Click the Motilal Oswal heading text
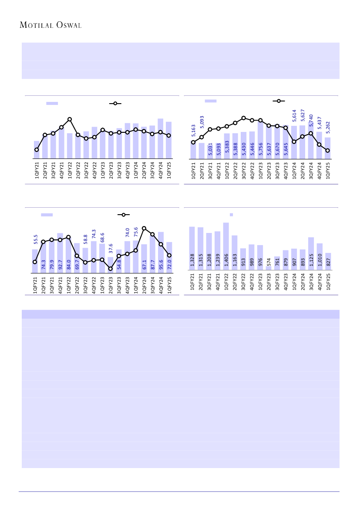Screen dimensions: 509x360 51,25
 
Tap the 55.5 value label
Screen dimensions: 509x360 36,239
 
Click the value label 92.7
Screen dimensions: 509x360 61,265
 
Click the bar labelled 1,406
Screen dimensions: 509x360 226,246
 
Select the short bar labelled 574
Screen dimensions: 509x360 269,268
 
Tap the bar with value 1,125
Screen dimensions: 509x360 311,253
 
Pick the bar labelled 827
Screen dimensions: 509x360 328,261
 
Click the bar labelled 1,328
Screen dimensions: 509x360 192,248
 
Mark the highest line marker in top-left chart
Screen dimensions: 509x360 70,119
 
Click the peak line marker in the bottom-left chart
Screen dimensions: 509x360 144,228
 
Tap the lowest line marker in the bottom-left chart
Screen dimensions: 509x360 111,269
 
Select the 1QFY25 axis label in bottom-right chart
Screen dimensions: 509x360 328,284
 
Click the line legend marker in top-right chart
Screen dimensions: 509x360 279,101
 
